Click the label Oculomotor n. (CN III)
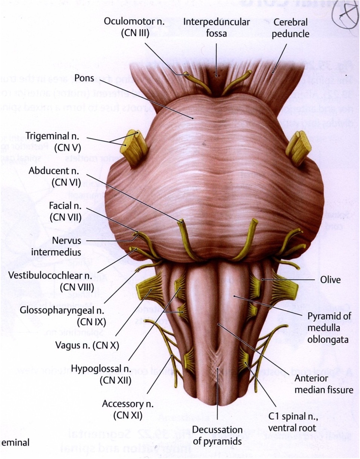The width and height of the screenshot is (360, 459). [x=135, y=27]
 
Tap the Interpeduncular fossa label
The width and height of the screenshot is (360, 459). [x=216, y=27]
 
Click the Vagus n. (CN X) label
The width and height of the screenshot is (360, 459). [x=87, y=344]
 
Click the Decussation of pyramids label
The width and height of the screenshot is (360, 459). [x=217, y=435]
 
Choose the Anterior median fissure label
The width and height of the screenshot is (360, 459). [x=323, y=384]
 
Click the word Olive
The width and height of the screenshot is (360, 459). [x=330, y=279]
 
